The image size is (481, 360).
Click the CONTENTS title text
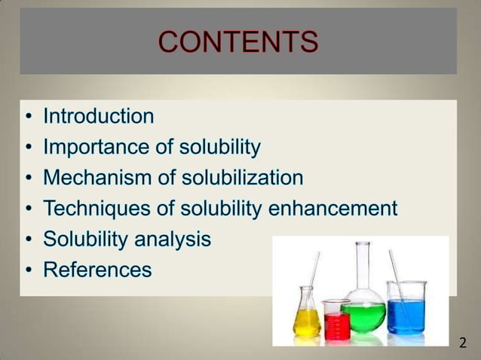(x=238, y=42)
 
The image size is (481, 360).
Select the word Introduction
(x=98, y=117)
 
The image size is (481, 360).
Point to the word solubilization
(x=241, y=178)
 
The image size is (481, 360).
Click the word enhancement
(x=332, y=209)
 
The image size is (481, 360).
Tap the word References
(x=97, y=270)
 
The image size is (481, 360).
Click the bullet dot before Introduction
(x=28, y=117)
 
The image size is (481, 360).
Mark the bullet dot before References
(x=28, y=270)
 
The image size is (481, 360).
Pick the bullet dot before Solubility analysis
(x=28, y=240)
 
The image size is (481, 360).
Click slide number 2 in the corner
(x=463, y=344)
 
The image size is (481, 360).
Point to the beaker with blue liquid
(x=406, y=313)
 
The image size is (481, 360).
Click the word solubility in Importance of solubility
(x=223, y=148)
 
